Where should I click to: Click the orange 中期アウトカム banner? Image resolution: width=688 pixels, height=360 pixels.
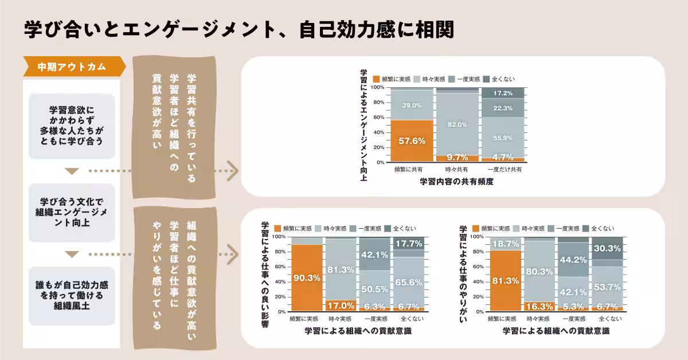(x=72, y=66)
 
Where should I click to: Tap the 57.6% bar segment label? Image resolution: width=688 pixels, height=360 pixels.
(x=411, y=140)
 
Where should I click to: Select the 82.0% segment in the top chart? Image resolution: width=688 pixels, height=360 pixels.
(x=457, y=124)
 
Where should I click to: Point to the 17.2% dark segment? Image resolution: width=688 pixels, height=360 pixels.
(x=503, y=93)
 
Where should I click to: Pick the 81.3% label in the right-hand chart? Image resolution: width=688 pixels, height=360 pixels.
(x=505, y=280)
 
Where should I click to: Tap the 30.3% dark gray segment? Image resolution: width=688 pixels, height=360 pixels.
(x=607, y=248)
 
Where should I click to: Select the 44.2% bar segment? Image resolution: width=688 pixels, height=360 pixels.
(x=573, y=259)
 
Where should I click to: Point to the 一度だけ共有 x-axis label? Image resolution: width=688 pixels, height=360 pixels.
(x=503, y=170)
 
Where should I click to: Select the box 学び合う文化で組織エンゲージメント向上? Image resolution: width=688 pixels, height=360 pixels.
(x=72, y=212)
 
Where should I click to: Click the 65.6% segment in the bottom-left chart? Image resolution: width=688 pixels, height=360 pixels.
(x=409, y=282)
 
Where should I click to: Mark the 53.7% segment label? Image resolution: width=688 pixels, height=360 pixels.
(x=607, y=287)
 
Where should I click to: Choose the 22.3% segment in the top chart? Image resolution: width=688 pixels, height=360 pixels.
(x=503, y=108)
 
